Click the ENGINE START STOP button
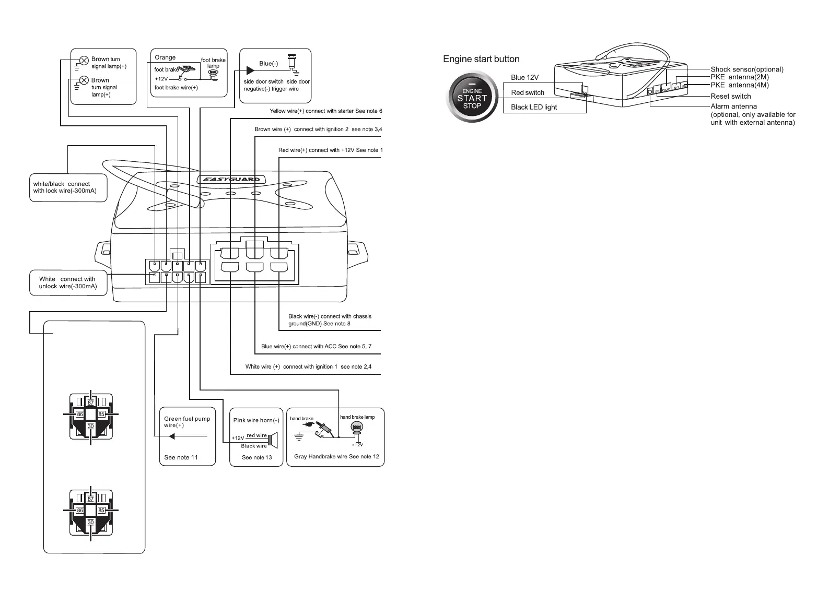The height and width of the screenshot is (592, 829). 472,98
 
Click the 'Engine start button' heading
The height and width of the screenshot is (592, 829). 481,59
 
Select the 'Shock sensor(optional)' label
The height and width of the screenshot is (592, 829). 746,69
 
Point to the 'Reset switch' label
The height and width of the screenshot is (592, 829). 730,96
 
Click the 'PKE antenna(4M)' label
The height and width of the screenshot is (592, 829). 739,85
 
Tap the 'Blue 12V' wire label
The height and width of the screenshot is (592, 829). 524,77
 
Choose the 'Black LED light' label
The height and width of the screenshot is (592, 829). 533,107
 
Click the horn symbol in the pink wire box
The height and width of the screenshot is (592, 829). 272,440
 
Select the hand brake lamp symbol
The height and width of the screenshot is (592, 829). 357,428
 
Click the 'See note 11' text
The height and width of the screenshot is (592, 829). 181,457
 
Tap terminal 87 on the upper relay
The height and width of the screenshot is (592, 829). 91,402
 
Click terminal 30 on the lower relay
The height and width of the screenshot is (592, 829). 91,522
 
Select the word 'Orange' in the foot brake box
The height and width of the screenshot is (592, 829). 165,57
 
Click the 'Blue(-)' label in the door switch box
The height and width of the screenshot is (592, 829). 268,64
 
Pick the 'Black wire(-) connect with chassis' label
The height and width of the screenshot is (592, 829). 330,316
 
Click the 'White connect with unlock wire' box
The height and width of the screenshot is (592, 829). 68,282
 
